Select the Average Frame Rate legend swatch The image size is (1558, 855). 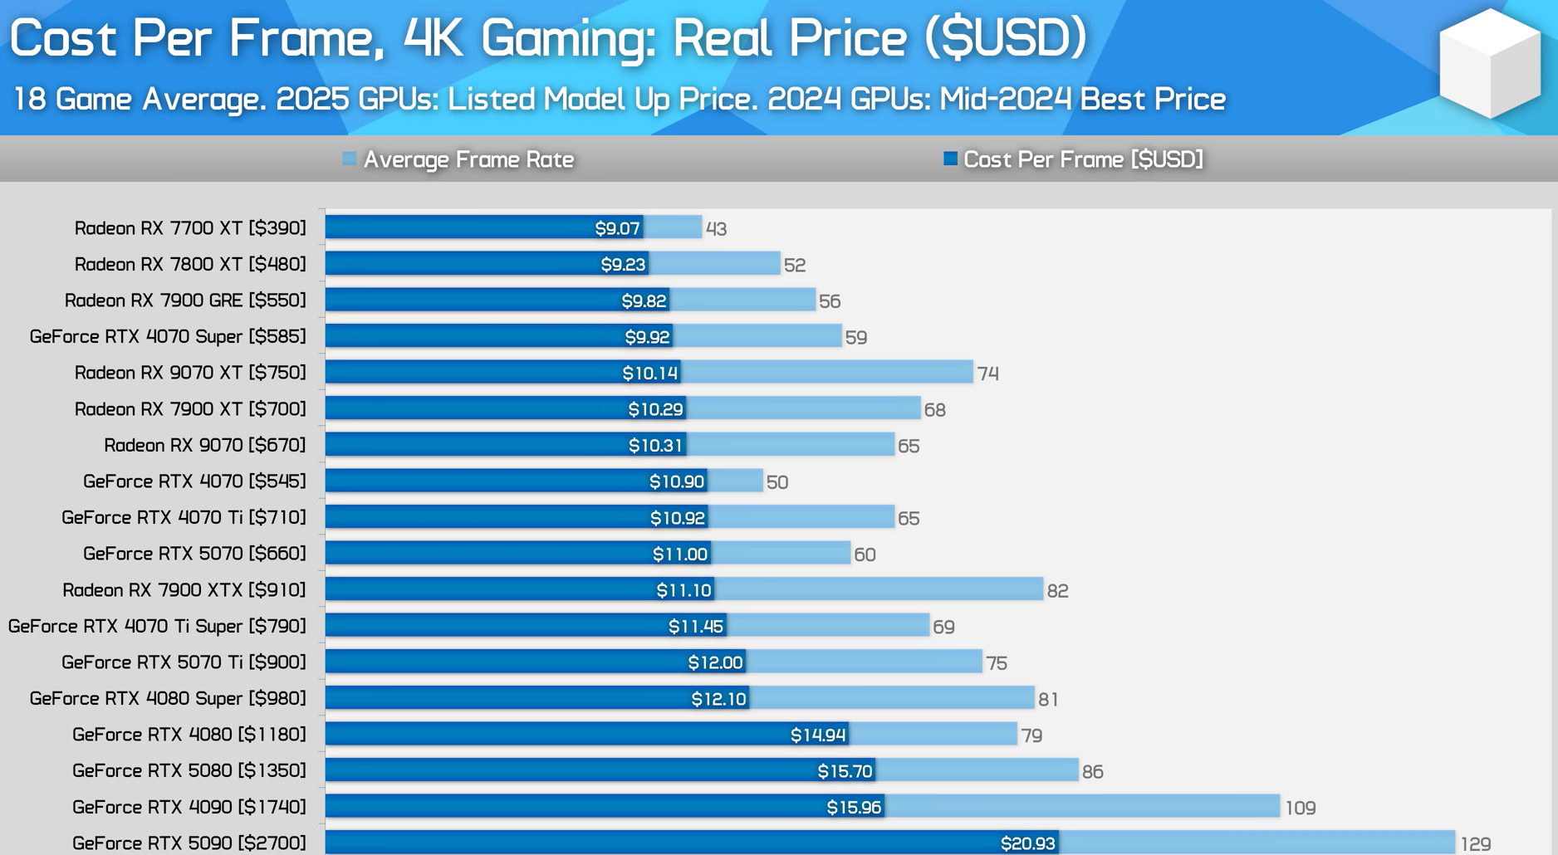pyautogui.click(x=350, y=159)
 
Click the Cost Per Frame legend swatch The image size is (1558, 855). pyautogui.click(x=950, y=159)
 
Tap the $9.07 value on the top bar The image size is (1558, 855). pyautogui.click(x=617, y=228)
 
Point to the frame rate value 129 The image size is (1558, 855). pyautogui.click(x=1476, y=844)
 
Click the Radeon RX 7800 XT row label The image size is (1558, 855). pyautogui.click(x=190, y=264)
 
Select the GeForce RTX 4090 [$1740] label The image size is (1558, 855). pyautogui.click(x=189, y=807)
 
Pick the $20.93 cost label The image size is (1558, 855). pyautogui.click(x=1027, y=844)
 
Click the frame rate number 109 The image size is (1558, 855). pyautogui.click(x=1301, y=808)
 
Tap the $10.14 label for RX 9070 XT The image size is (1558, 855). pyautogui.click(x=650, y=373)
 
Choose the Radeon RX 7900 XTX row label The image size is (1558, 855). pyautogui.click(x=184, y=590)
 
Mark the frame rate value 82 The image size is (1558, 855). pyautogui.click(x=1057, y=591)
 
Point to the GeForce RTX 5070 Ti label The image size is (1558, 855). pyautogui.click(x=184, y=662)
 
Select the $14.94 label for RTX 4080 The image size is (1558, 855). pyautogui.click(x=818, y=735)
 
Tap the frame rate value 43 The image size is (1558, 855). pyautogui.click(x=716, y=229)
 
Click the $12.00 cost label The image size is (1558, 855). pyautogui.click(x=715, y=662)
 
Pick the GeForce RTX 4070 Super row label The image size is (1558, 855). pyautogui.click(x=168, y=336)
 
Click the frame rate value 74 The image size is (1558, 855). pyautogui.click(x=987, y=374)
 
